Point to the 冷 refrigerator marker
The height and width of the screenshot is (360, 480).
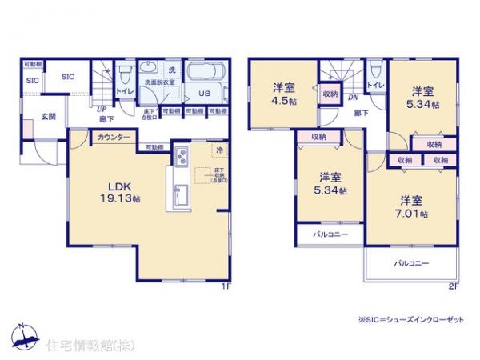pos(218,150)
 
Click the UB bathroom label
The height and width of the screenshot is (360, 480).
pos(204,92)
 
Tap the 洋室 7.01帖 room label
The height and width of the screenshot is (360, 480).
pos(411,206)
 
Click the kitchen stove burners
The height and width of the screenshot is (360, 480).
pos(180,154)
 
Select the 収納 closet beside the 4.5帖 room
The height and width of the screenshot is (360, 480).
pos(330,94)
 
